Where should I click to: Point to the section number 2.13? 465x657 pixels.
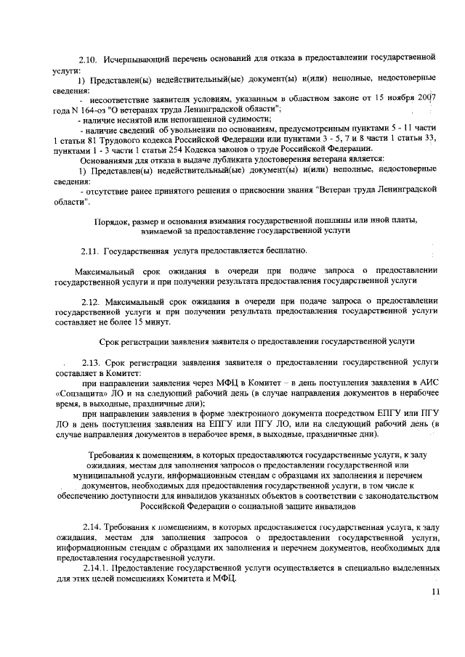click(92, 360)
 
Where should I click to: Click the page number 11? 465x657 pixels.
click(435, 592)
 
